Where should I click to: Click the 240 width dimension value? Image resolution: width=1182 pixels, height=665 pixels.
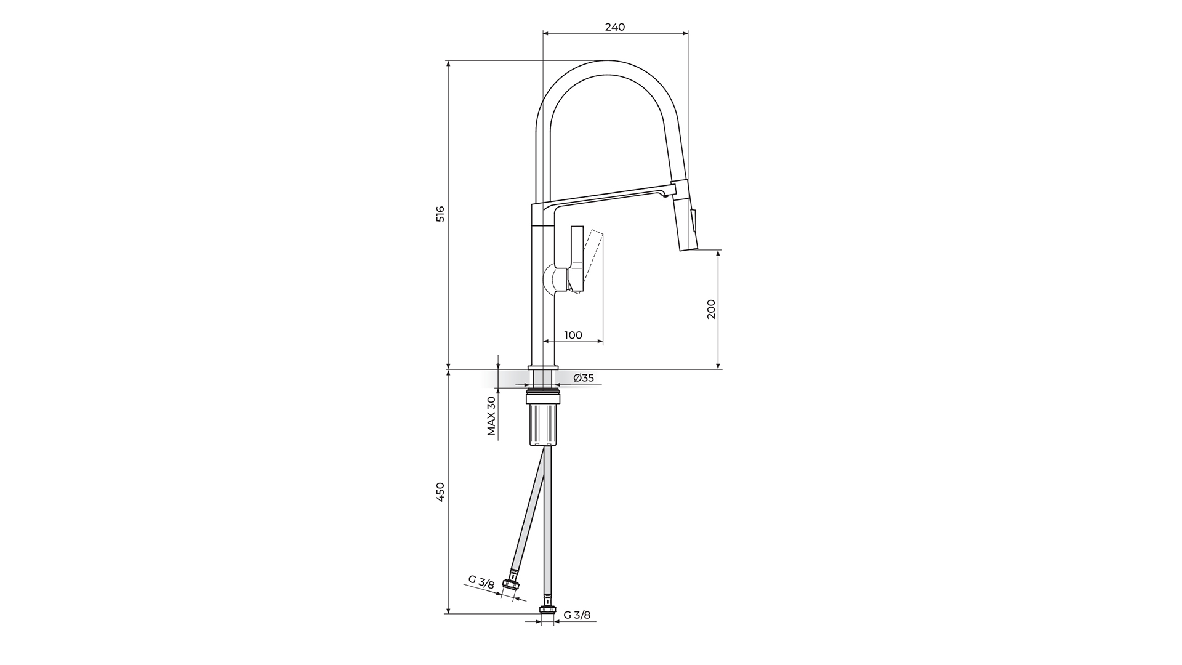[615, 27]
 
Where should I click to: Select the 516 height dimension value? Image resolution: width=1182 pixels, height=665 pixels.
[440, 214]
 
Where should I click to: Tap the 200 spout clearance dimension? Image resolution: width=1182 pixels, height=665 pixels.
[711, 308]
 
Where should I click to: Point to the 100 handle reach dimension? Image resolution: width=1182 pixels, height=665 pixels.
[573, 335]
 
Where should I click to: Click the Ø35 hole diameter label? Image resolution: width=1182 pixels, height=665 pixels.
[584, 378]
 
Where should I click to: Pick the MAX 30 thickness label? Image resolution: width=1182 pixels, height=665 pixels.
[491, 416]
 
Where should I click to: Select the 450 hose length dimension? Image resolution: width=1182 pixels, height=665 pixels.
[440, 492]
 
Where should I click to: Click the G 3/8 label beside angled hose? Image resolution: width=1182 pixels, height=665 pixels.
[481, 582]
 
